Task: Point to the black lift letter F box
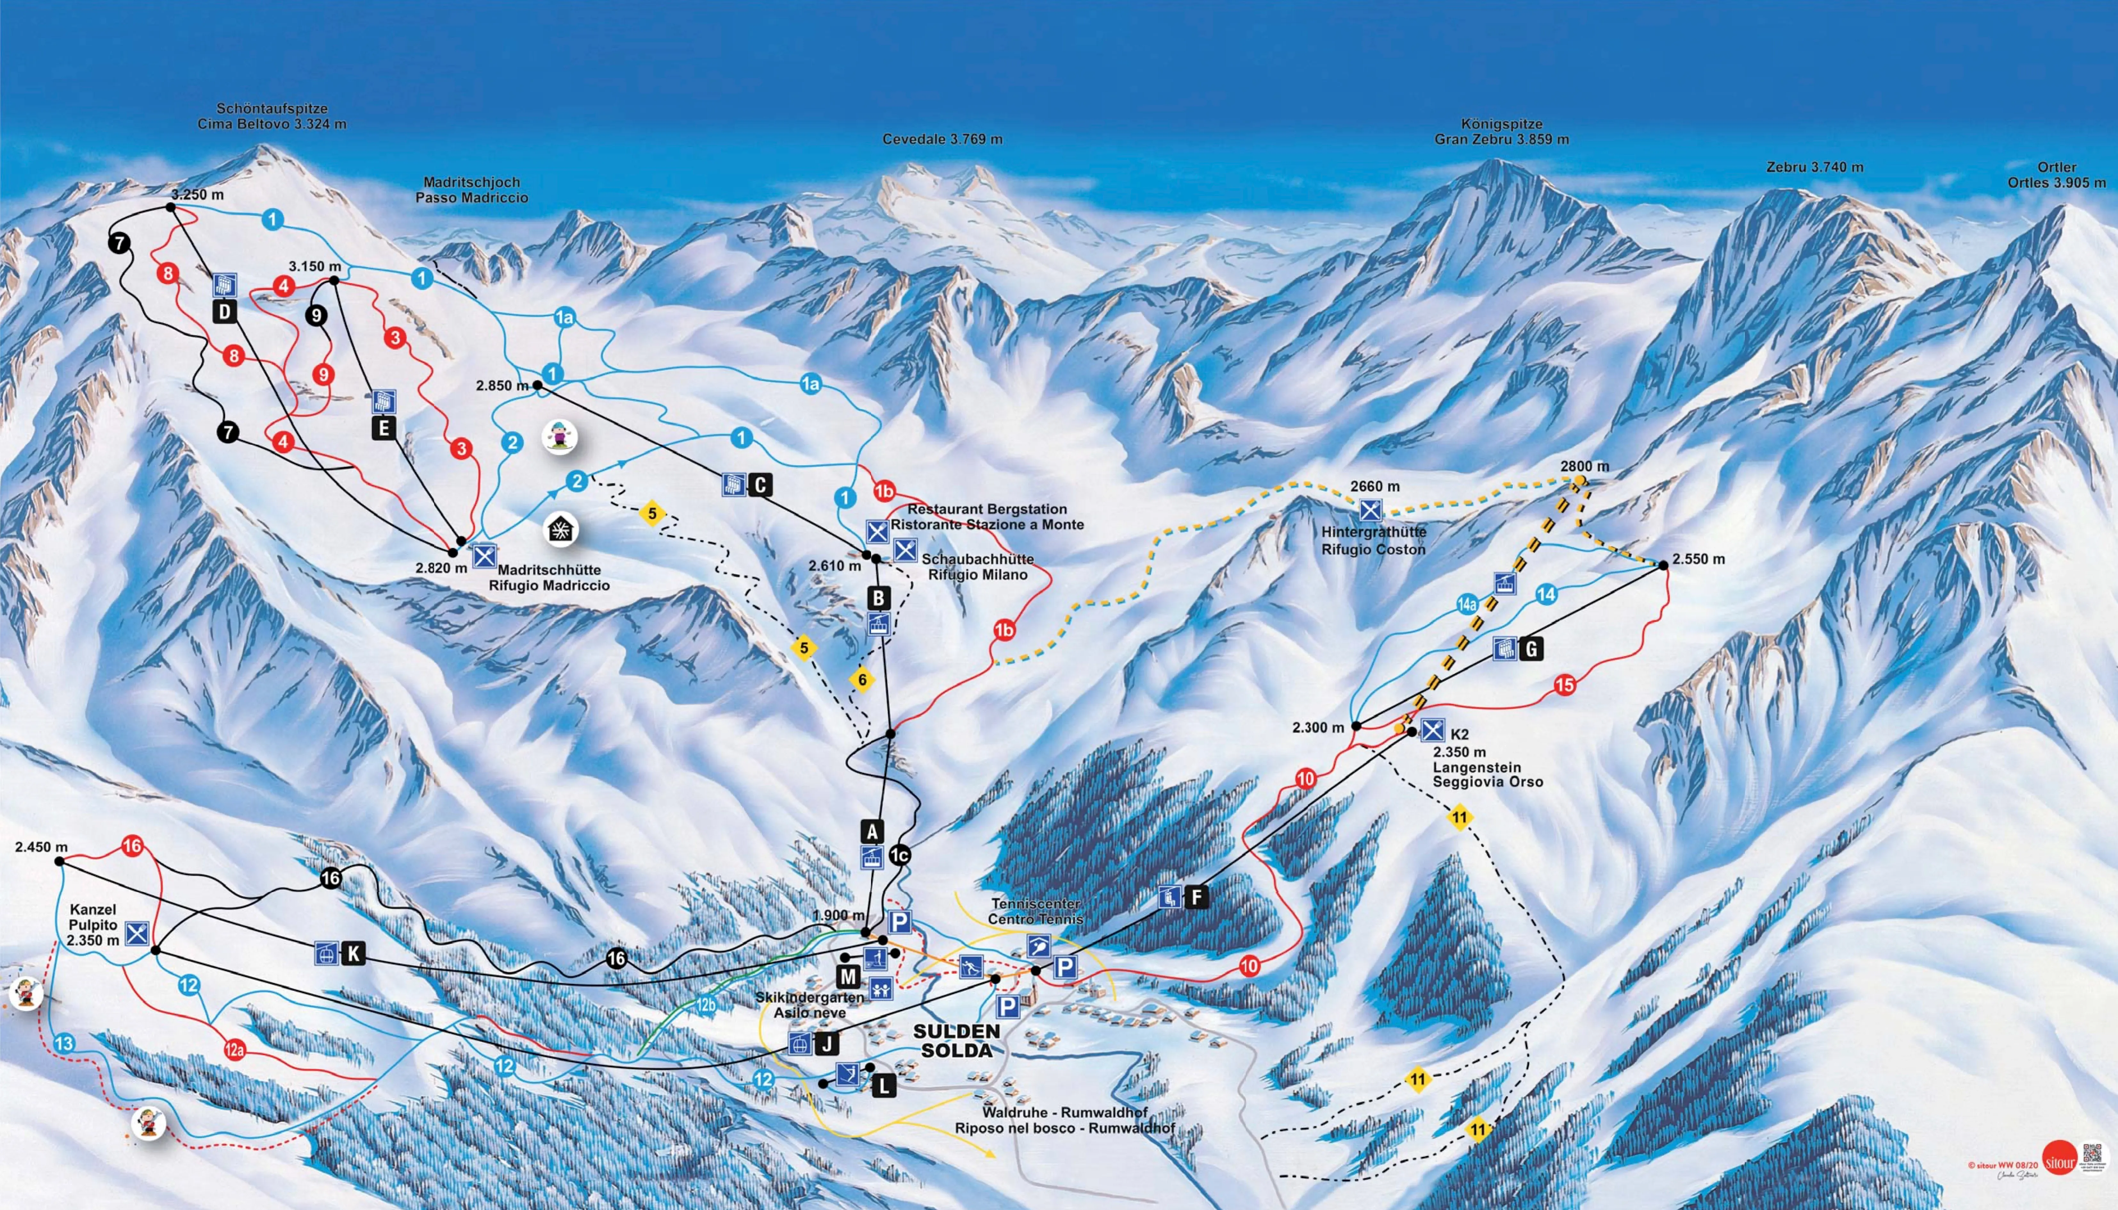(x=1196, y=897)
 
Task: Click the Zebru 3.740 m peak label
(x=1814, y=167)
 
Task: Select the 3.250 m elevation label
(x=198, y=194)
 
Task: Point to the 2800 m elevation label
(x=1584, y=466)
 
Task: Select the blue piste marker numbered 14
(x=1545, y=594)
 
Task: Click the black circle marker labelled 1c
(x=899, y=854)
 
